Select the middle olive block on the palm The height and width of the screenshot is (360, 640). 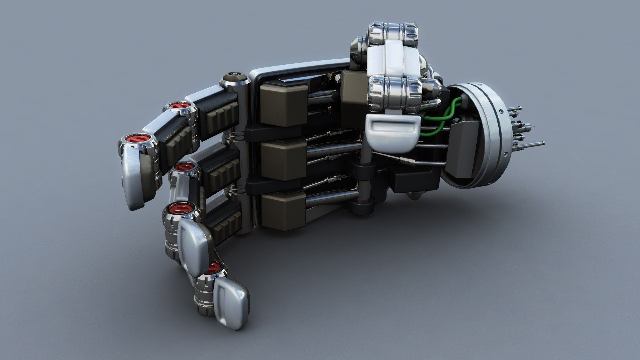coord(283,160)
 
